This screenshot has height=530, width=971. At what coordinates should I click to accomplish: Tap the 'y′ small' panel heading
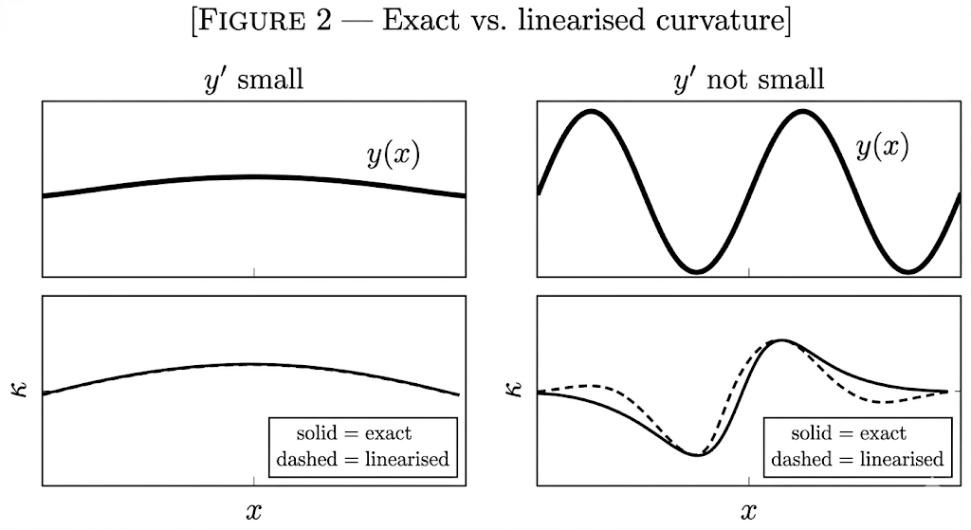pos(253,79)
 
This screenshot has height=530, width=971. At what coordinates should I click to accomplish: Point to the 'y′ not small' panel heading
pos(748,79)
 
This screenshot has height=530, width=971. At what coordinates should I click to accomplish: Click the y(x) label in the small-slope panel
pos(394,155)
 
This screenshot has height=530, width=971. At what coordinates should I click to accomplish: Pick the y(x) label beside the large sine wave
pos(882,147)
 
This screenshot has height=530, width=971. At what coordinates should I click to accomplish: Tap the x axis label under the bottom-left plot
pos(253,512)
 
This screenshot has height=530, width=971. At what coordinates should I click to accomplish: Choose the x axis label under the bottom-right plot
pos(749,512)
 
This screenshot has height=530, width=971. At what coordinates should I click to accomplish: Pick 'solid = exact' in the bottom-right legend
pos(849,434)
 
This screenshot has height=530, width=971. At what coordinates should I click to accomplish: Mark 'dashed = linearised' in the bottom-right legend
pos(857,460)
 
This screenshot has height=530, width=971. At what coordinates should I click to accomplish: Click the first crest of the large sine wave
pos(592,112)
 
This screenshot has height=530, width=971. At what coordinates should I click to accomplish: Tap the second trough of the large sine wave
pos(908,271)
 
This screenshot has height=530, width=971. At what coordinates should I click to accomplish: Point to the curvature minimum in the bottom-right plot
pos(698,454)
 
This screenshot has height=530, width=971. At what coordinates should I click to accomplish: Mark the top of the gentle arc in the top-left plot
pos(253,176)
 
